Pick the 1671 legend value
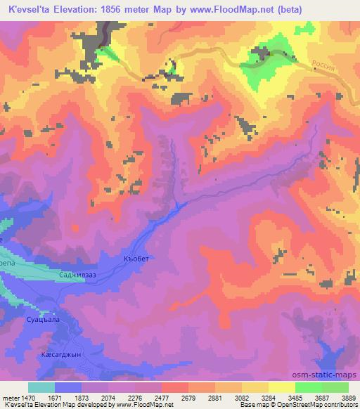click(54, 397)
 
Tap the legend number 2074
click(108, 397)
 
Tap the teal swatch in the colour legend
click(41, 387)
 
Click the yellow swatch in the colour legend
click(281, 387)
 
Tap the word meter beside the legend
click(10, 397)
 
